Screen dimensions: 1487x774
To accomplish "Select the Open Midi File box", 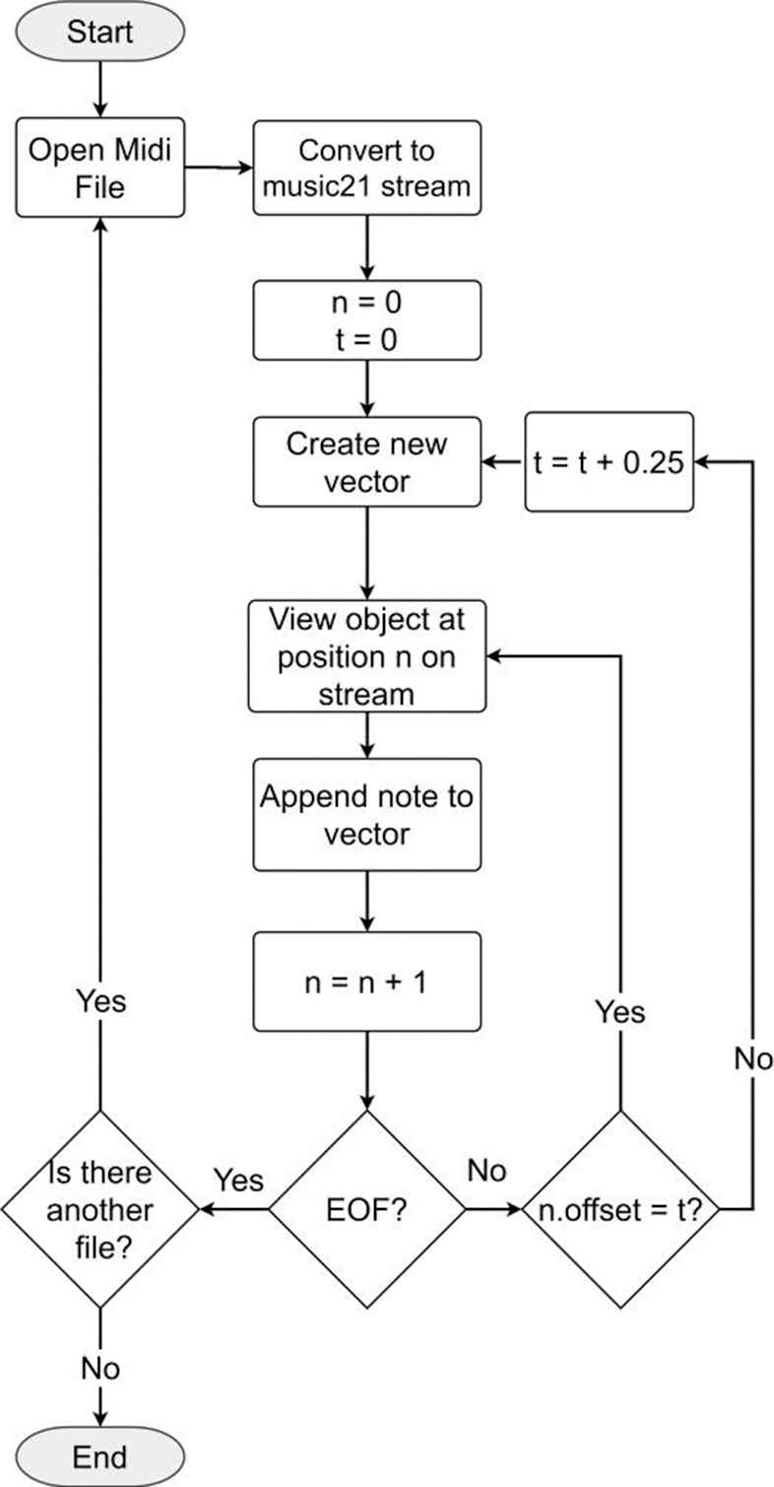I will tap(100, 169).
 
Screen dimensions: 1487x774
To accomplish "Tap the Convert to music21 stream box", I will tap(367, 169).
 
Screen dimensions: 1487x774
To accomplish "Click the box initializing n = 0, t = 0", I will tap(367, 320).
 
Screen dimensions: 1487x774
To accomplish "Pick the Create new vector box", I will tap(367, 461).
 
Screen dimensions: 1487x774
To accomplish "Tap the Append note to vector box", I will tap(367, 815).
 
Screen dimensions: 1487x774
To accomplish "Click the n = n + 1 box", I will tap(367, 982).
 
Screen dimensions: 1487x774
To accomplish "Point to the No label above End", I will tap(100, 1368).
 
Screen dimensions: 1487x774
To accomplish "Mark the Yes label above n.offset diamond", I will tap(620, 1013).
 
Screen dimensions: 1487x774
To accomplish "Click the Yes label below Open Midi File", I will tap(100, 1001).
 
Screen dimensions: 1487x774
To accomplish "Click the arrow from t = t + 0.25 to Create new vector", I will tap(502, 462).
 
